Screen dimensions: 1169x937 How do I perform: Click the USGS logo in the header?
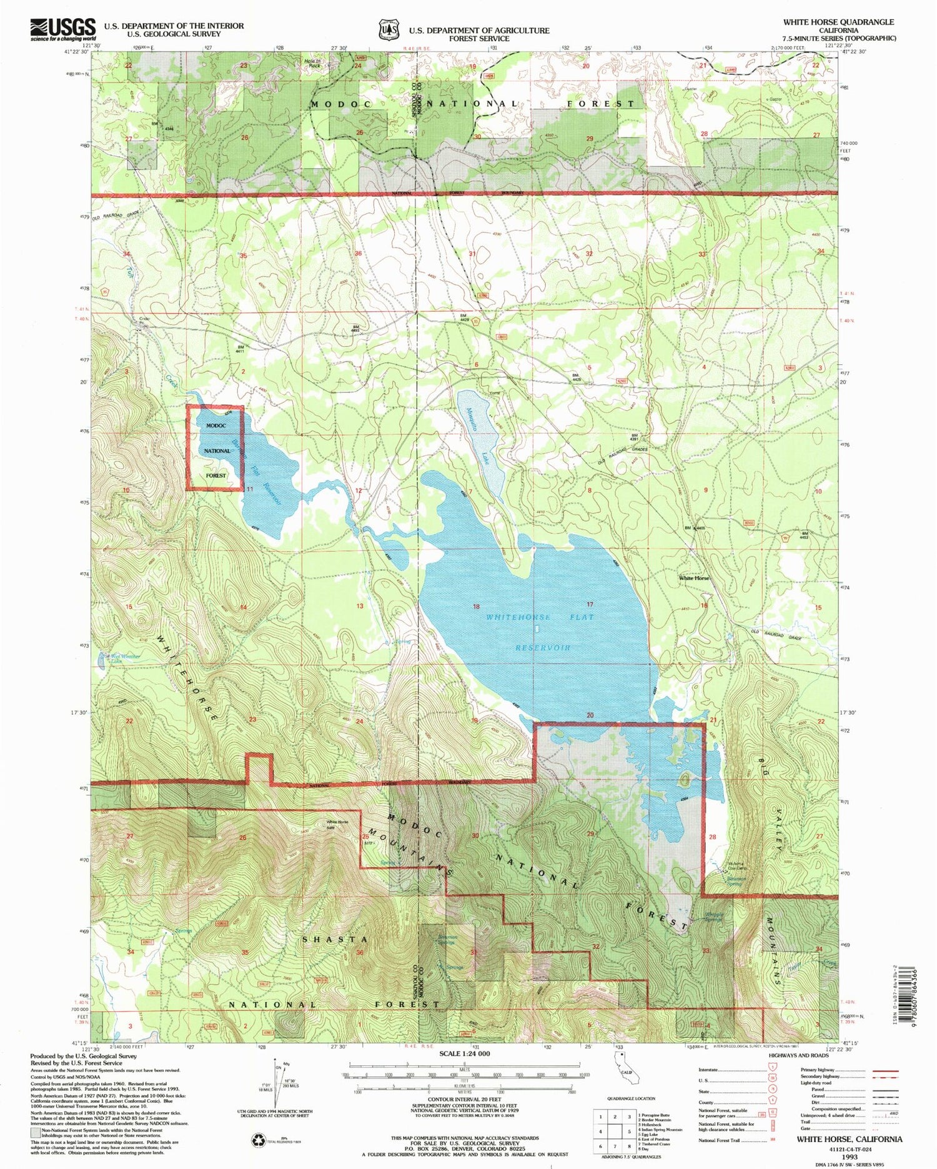pyautogui.click(x=62, y=29)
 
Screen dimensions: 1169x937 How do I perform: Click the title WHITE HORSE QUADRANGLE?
pyautogui.click(x=838, y=22)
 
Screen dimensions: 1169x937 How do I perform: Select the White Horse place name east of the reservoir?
pyautogui.click(x=695, y=578)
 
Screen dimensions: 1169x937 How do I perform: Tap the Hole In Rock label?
pyautogui.click(x=312, y=62)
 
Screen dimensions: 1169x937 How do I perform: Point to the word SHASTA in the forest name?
pyautogui.click(x=335, y=940)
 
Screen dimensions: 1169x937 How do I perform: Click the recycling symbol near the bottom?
pyautogui.click(x=258, y=1141)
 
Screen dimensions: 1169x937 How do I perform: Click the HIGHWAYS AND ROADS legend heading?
pyautogui.click(x=798, y=1055)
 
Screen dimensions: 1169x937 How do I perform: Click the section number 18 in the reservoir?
pyautogui.click(x=477, y=607)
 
